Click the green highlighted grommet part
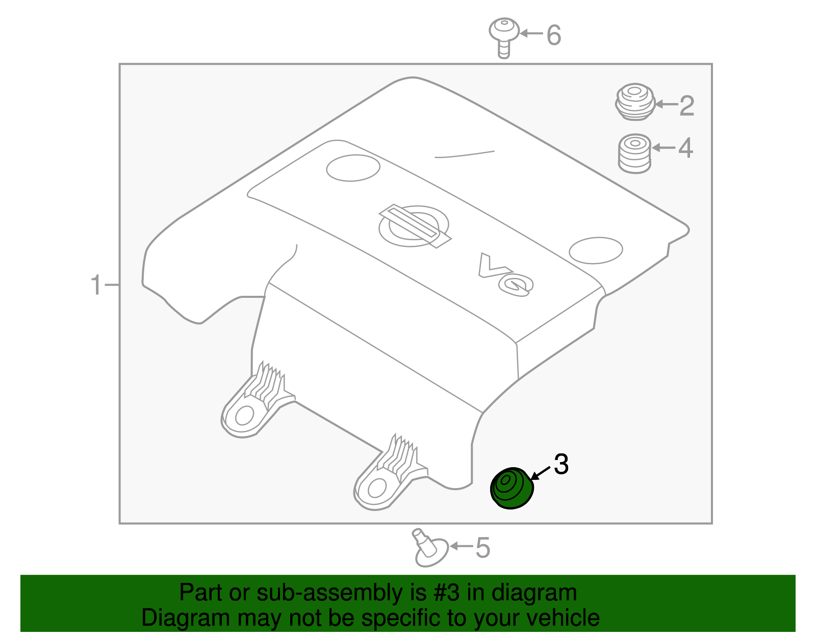pyautogui.click(x=512, y=488)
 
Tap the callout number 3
pyautogui.click(x=561, y=465)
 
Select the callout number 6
pyautogui.click(x=554, y=35)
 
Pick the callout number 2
pyautogui.click(x=686, y=106)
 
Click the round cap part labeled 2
pyautogui.click(x=635, y=102)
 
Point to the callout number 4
pyautogui.click(x=685, y=148)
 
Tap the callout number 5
pyautogui.click(x=482, y=548)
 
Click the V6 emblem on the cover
pyautogui.click(x=506, y=275)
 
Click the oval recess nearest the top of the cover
pyautogui.click(x=353, y=168)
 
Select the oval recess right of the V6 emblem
pyautogui.click(x=596, y=250)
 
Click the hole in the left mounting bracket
pyautogui.click(x=245, y=416)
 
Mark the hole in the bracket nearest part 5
pyautogui.click(x=377, y=488)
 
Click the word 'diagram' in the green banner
pyautogui.click(x=534, y=593)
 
